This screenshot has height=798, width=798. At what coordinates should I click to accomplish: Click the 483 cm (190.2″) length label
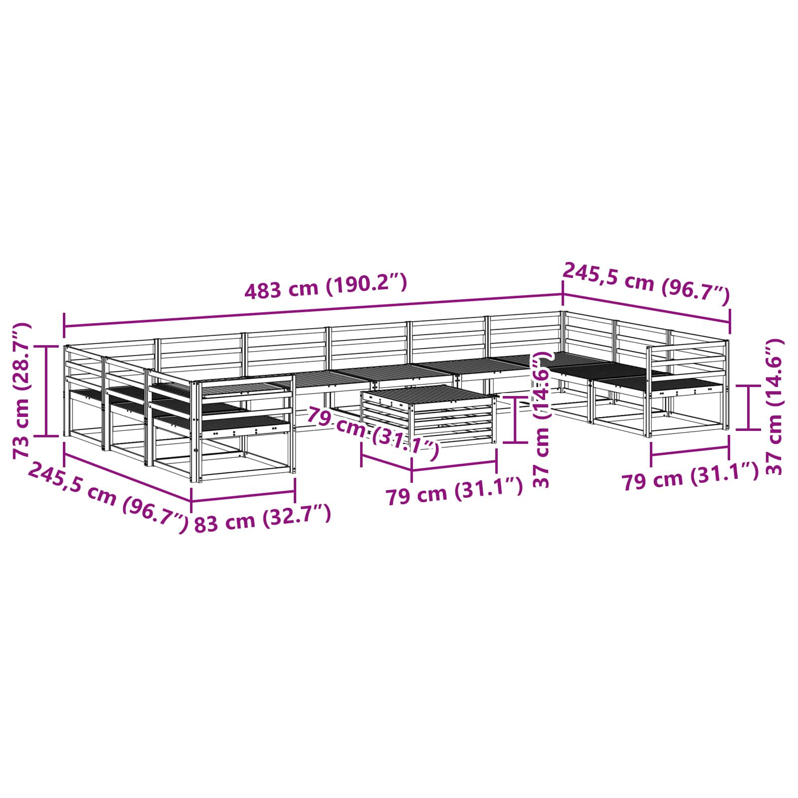click(326, 286)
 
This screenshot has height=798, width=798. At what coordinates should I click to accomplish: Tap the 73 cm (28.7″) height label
click(21, 391)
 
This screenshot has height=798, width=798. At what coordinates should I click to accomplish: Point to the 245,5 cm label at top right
click(646, 283)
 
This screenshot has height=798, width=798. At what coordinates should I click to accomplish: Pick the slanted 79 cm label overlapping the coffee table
click(373, 432)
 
